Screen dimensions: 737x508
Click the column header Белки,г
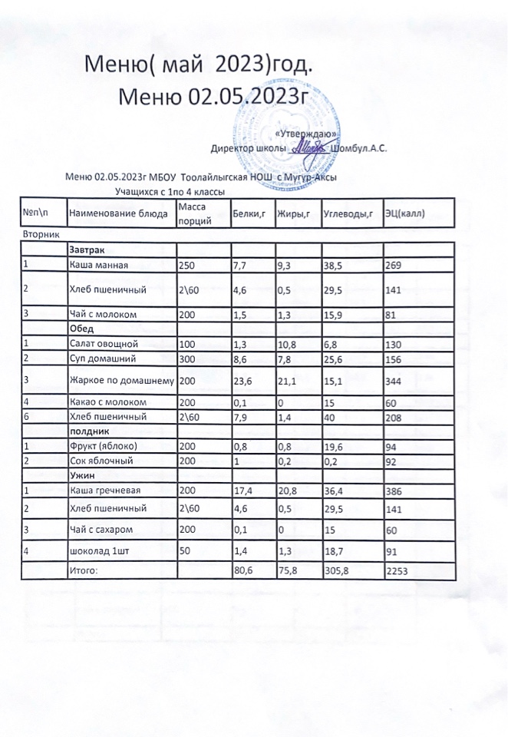click(248, 213)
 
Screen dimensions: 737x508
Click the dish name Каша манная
click(96, 266)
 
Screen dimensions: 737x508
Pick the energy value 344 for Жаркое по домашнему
click(394, 379)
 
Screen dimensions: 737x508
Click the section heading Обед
click(81, 329)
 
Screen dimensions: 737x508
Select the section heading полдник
click(87, 431)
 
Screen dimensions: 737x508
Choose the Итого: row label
click(84, 571)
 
